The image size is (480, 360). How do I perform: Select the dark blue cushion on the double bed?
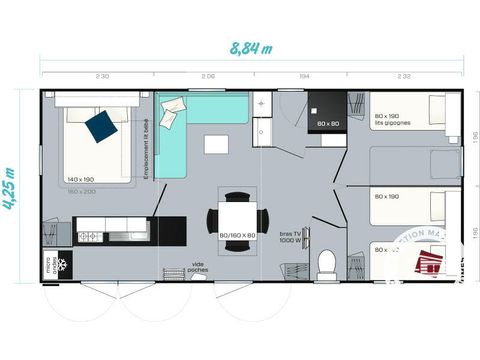[x=99, y=126]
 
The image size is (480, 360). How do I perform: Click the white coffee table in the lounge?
[x=216, y=144]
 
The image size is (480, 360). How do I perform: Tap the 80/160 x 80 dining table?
[x=237, y=215]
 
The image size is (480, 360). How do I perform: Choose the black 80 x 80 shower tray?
[x=327, y=113]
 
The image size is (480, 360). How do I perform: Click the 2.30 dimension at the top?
[x=102, y=76]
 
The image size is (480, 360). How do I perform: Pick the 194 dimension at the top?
[x=303, y=76]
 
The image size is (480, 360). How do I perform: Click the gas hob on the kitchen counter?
[x=88, y=236]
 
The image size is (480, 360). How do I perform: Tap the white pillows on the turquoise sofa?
[x=172, y=105]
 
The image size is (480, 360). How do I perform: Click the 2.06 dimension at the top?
[x=208, y=76]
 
